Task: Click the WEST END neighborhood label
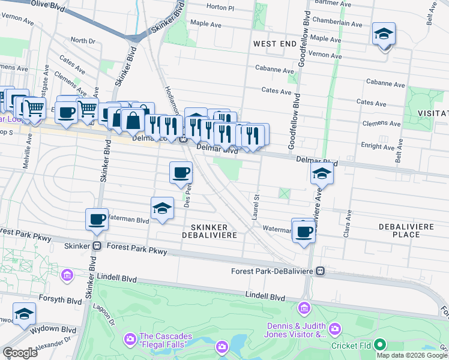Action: coord(274,44)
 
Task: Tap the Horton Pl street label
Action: coord(220,7)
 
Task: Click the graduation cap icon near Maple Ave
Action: coord(384,34)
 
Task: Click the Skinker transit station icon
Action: coord(96,246)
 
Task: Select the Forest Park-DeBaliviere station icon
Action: coord(321,271)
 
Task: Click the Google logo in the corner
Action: coord(19,353)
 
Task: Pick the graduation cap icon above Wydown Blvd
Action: coord(25,314)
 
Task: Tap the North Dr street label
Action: coord(83,40)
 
